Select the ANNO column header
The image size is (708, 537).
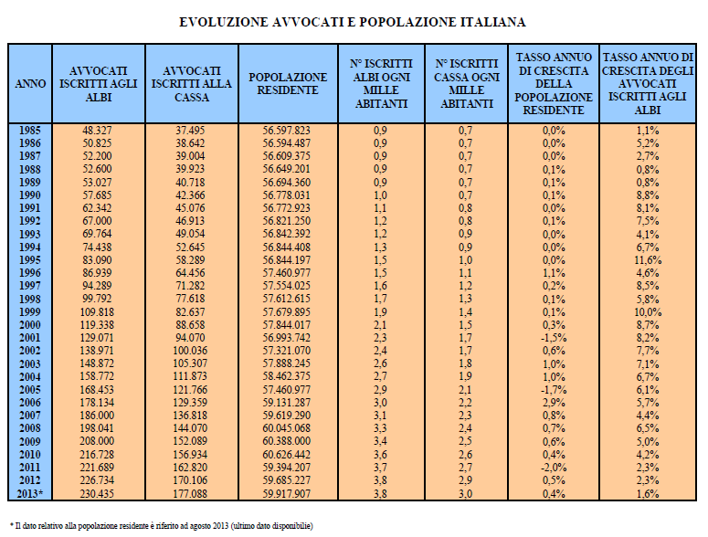click(30, 84)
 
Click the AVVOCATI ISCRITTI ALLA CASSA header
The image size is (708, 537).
click(192, 84)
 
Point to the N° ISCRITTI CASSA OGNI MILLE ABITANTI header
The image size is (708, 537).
click(467, 84)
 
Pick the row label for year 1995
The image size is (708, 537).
click(30, 260)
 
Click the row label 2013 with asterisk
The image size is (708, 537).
click(30, 494)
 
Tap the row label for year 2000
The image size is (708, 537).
click(30, 325)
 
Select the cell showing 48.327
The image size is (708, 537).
click(97, 131)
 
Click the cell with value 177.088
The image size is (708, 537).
click(190, 494)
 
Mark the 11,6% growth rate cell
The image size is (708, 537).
click(648, 260)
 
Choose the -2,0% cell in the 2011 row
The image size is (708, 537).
click(554, 468)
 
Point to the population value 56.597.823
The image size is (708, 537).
click(287, 131)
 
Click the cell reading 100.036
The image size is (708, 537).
click(190, 351)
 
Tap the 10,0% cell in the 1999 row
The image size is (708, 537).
click(648, 312)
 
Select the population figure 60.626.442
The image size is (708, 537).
click(287, 455)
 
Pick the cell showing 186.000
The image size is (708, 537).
click(97, 416)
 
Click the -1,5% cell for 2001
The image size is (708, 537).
click(554, 338)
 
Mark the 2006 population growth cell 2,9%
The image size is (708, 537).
click(554, 403)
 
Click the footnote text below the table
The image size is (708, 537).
click(161, 526)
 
